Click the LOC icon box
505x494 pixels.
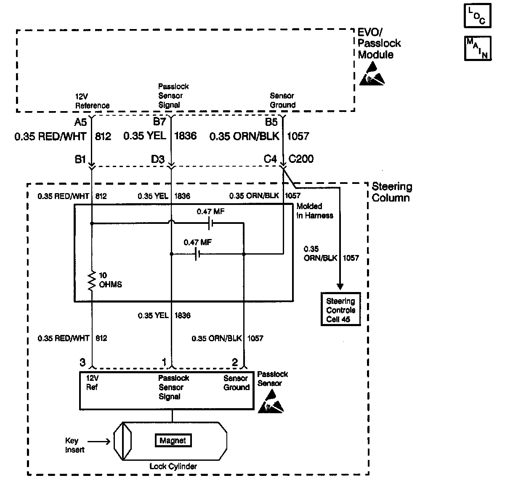(x=478, y=16)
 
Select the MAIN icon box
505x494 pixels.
(x=478, y=48)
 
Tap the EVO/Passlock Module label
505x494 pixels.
(x=379, y=43)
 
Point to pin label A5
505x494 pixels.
(x=80, y=122)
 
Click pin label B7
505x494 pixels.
(x=159, y=122)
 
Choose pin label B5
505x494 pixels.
(x=271, y=122)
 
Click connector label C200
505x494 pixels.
(x=301, y=159)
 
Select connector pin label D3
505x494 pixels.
(x=158, y=159)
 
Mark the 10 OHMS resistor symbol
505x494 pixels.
(x=91, y=281)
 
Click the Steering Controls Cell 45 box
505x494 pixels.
(x=340, y=310)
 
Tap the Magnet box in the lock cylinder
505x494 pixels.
(x=173, y=441)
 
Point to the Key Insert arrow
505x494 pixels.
(x=99, y=441)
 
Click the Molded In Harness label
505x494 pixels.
(x=314, y=211)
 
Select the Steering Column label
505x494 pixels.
(x=391, y=192)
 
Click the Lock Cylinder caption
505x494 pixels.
(x=173, y=466)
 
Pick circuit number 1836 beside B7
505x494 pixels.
(x=185, y=136)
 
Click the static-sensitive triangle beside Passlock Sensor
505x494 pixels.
(x=271, y=401)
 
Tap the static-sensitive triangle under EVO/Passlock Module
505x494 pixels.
(x=372, y=74)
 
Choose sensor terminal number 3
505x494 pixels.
(x=82, y=362)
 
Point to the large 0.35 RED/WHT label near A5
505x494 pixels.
(x=50, y=136)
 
